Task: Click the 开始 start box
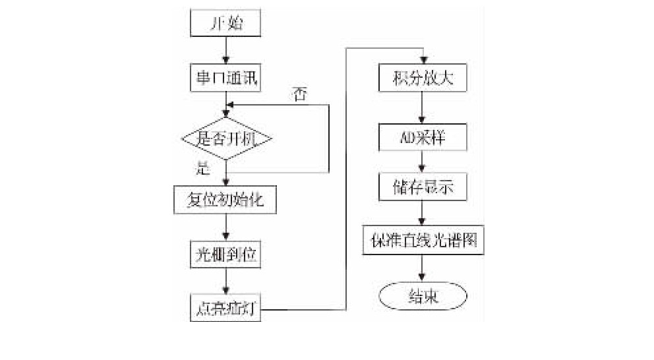pyautogui.click(x=226, y=24)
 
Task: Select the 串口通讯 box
pyautogui.click(x=226, y=78)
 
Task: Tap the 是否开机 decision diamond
pyautogui.click(x=226, y=139)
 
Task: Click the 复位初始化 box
pyautogui.click(x=226, y=198)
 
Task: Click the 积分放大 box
pyautogui.click(x=423, y=79)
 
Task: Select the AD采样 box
pyautogui.click(x=423, y=137)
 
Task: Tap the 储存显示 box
pyautogui.click(x=423, y=188)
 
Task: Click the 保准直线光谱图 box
pyautogui.click(x=423, y=242)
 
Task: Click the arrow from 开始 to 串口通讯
pyautogui.click(x=226, y=49)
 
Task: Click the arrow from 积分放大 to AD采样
pyautogui.click(x=423, y=108)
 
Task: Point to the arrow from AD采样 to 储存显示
pyautogui.click(x=423, y=163)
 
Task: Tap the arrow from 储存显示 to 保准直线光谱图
pyautogui.click(x=423, y=214)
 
